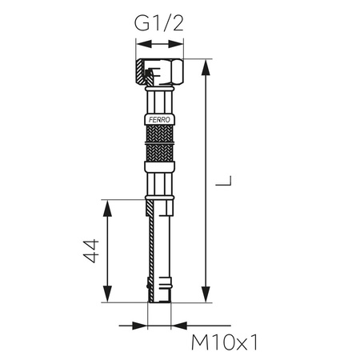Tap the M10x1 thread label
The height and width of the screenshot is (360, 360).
pos(227,343)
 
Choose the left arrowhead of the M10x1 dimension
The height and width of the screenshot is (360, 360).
pos(144,326)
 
